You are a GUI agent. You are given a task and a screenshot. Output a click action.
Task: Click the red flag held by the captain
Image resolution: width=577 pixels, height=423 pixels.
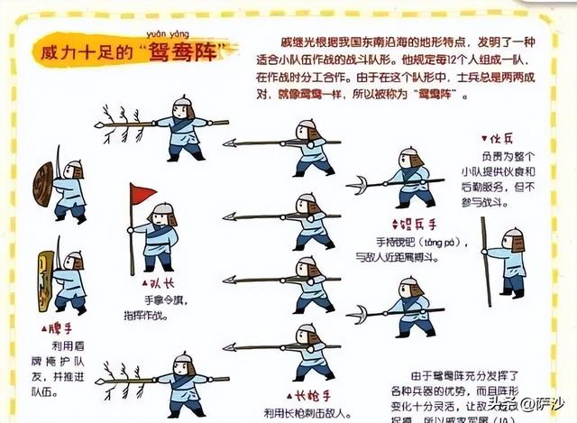pyautogui.click(x=142, y=194)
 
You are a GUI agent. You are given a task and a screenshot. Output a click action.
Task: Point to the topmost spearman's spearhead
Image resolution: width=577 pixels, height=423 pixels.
pyautogui.click(x=232, y=143)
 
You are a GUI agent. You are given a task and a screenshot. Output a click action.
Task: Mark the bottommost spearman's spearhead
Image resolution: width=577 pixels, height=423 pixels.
pyautogui.click(x=232, y=347)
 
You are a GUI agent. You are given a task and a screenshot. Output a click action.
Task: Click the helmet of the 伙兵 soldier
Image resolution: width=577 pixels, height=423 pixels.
pyautogui.click(x=512, y=236)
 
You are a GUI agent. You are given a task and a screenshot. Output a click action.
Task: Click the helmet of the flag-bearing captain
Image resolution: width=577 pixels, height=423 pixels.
pyautogui.click(x=162, y=211)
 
